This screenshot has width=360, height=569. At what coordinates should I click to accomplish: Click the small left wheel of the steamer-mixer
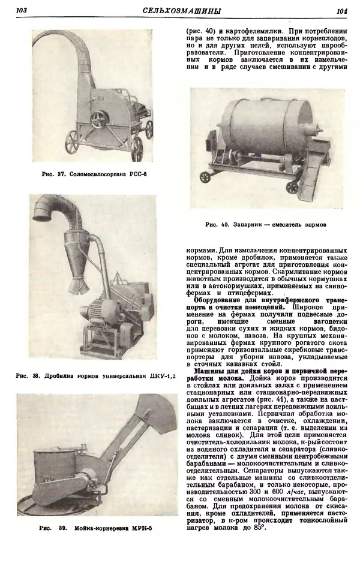(205, 177)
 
